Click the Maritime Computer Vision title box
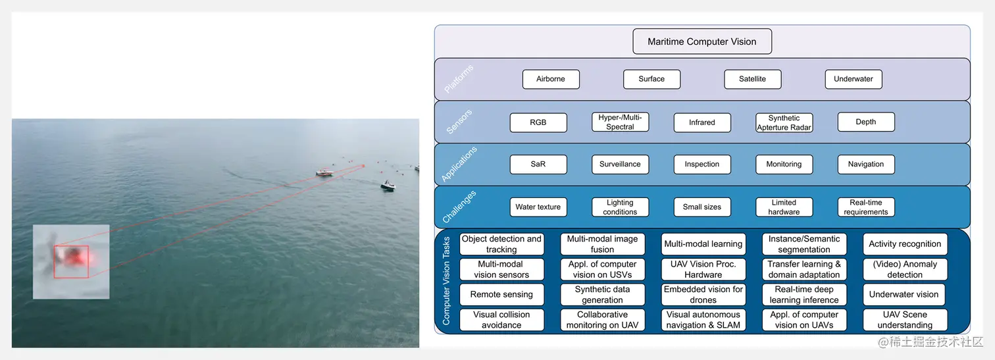tap(702, 41)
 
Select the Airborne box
tap(551, 79)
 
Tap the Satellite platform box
tap(752, 79)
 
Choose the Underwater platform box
tap(853, 79)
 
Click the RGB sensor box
tap(538, 122)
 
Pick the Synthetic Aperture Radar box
tap(784, 122)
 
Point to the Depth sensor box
tap(865, 122)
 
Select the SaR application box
tap(538, 165)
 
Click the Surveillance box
tap(620, 165)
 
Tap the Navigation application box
tap(865, 165)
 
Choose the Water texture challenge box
tap(538, 207)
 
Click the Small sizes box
tap(702, 207)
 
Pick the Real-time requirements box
tap(865, 207)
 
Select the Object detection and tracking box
tap(501, 244)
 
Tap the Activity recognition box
tap(905, 244)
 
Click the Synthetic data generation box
tap(602, 294)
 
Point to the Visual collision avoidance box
tap(501, 320)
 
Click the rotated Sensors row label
tap(459, 122)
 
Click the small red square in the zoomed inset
tap(71, 261)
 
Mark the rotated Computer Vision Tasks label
tap(446, 281)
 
